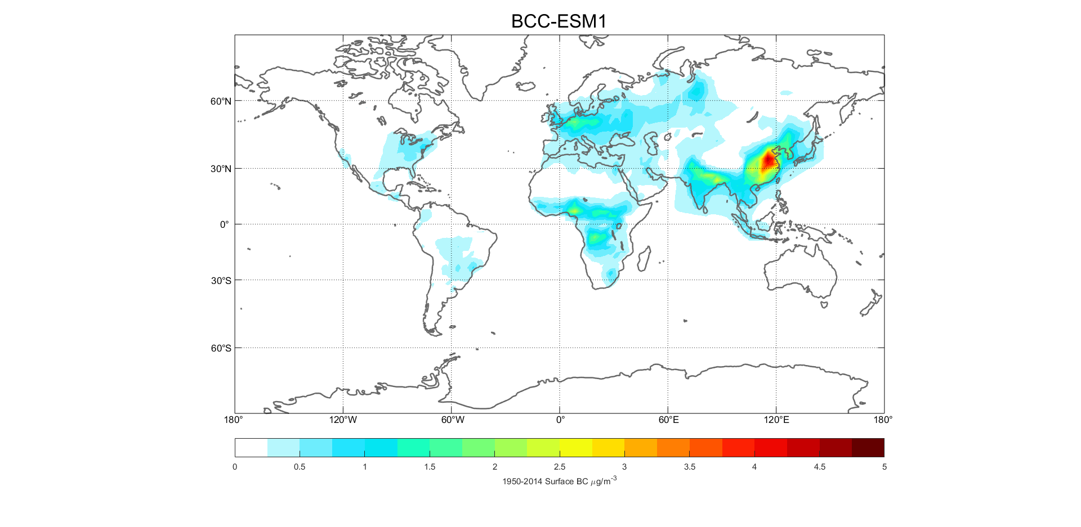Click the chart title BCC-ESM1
(x=559, y=21)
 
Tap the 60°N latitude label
(x=221, y=101)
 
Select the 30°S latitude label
(x=221, y=281)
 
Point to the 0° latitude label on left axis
(x=225, y=224)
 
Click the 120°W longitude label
(x=343, y=420)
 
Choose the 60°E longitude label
(x=668, y=420)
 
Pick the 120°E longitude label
(x=776, y=420)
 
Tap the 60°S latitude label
(x=221, y=348)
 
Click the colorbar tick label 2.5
(x=560, y=467)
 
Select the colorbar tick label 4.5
(x=820, y=467)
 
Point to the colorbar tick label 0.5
(x=300, y=467)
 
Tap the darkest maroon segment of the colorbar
(x=868, y=448)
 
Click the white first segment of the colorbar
(x=251, y=448)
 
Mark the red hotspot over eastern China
(x=768, y=160)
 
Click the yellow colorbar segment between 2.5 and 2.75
(x=576, y=448)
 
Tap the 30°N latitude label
(x=221, y=169)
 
